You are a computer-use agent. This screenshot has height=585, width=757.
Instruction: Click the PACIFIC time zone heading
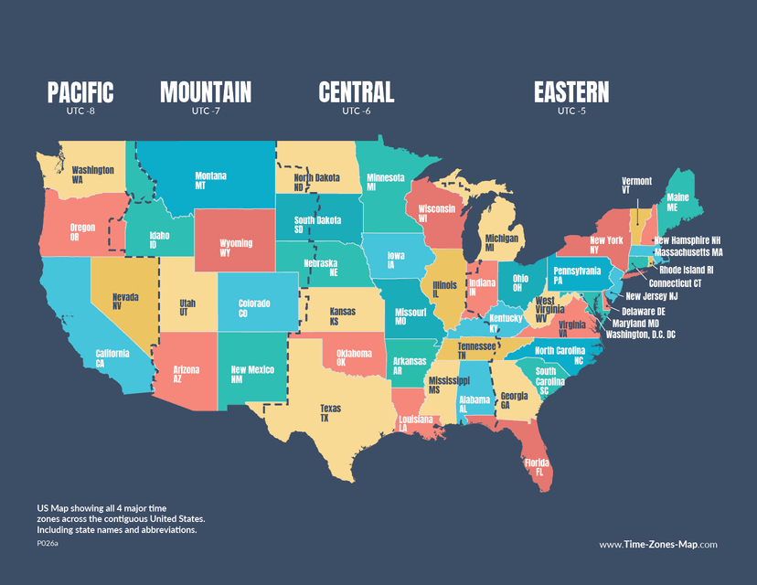pos(80,92)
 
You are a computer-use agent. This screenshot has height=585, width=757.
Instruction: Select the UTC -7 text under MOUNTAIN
pos(206,112)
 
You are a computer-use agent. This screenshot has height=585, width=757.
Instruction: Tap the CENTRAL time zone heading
pos(356,92)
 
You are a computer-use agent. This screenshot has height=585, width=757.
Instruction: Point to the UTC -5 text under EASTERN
pos(571,112)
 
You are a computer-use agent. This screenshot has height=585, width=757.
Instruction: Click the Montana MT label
pos(211,180)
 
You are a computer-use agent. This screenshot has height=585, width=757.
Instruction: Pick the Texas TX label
pos(330,413)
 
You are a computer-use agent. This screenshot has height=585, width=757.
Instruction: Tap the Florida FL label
pos(537,467)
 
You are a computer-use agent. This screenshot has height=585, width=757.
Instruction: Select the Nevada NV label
pos(125,302)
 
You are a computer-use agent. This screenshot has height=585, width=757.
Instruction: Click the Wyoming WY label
pos(236,248)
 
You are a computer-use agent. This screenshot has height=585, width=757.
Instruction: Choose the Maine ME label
pos(677,201)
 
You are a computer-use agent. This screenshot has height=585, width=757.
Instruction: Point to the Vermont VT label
pos(636,186)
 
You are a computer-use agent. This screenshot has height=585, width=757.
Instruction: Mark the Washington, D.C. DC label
pos(640,335)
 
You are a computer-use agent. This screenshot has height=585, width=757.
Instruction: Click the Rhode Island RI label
pos(686,271)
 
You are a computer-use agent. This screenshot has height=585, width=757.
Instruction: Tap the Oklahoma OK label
pos(354,357)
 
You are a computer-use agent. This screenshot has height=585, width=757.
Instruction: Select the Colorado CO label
pos(254,308)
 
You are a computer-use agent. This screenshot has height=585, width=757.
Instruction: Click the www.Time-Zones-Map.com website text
pos(657,544)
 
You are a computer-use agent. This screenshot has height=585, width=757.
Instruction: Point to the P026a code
pos(48,543)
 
